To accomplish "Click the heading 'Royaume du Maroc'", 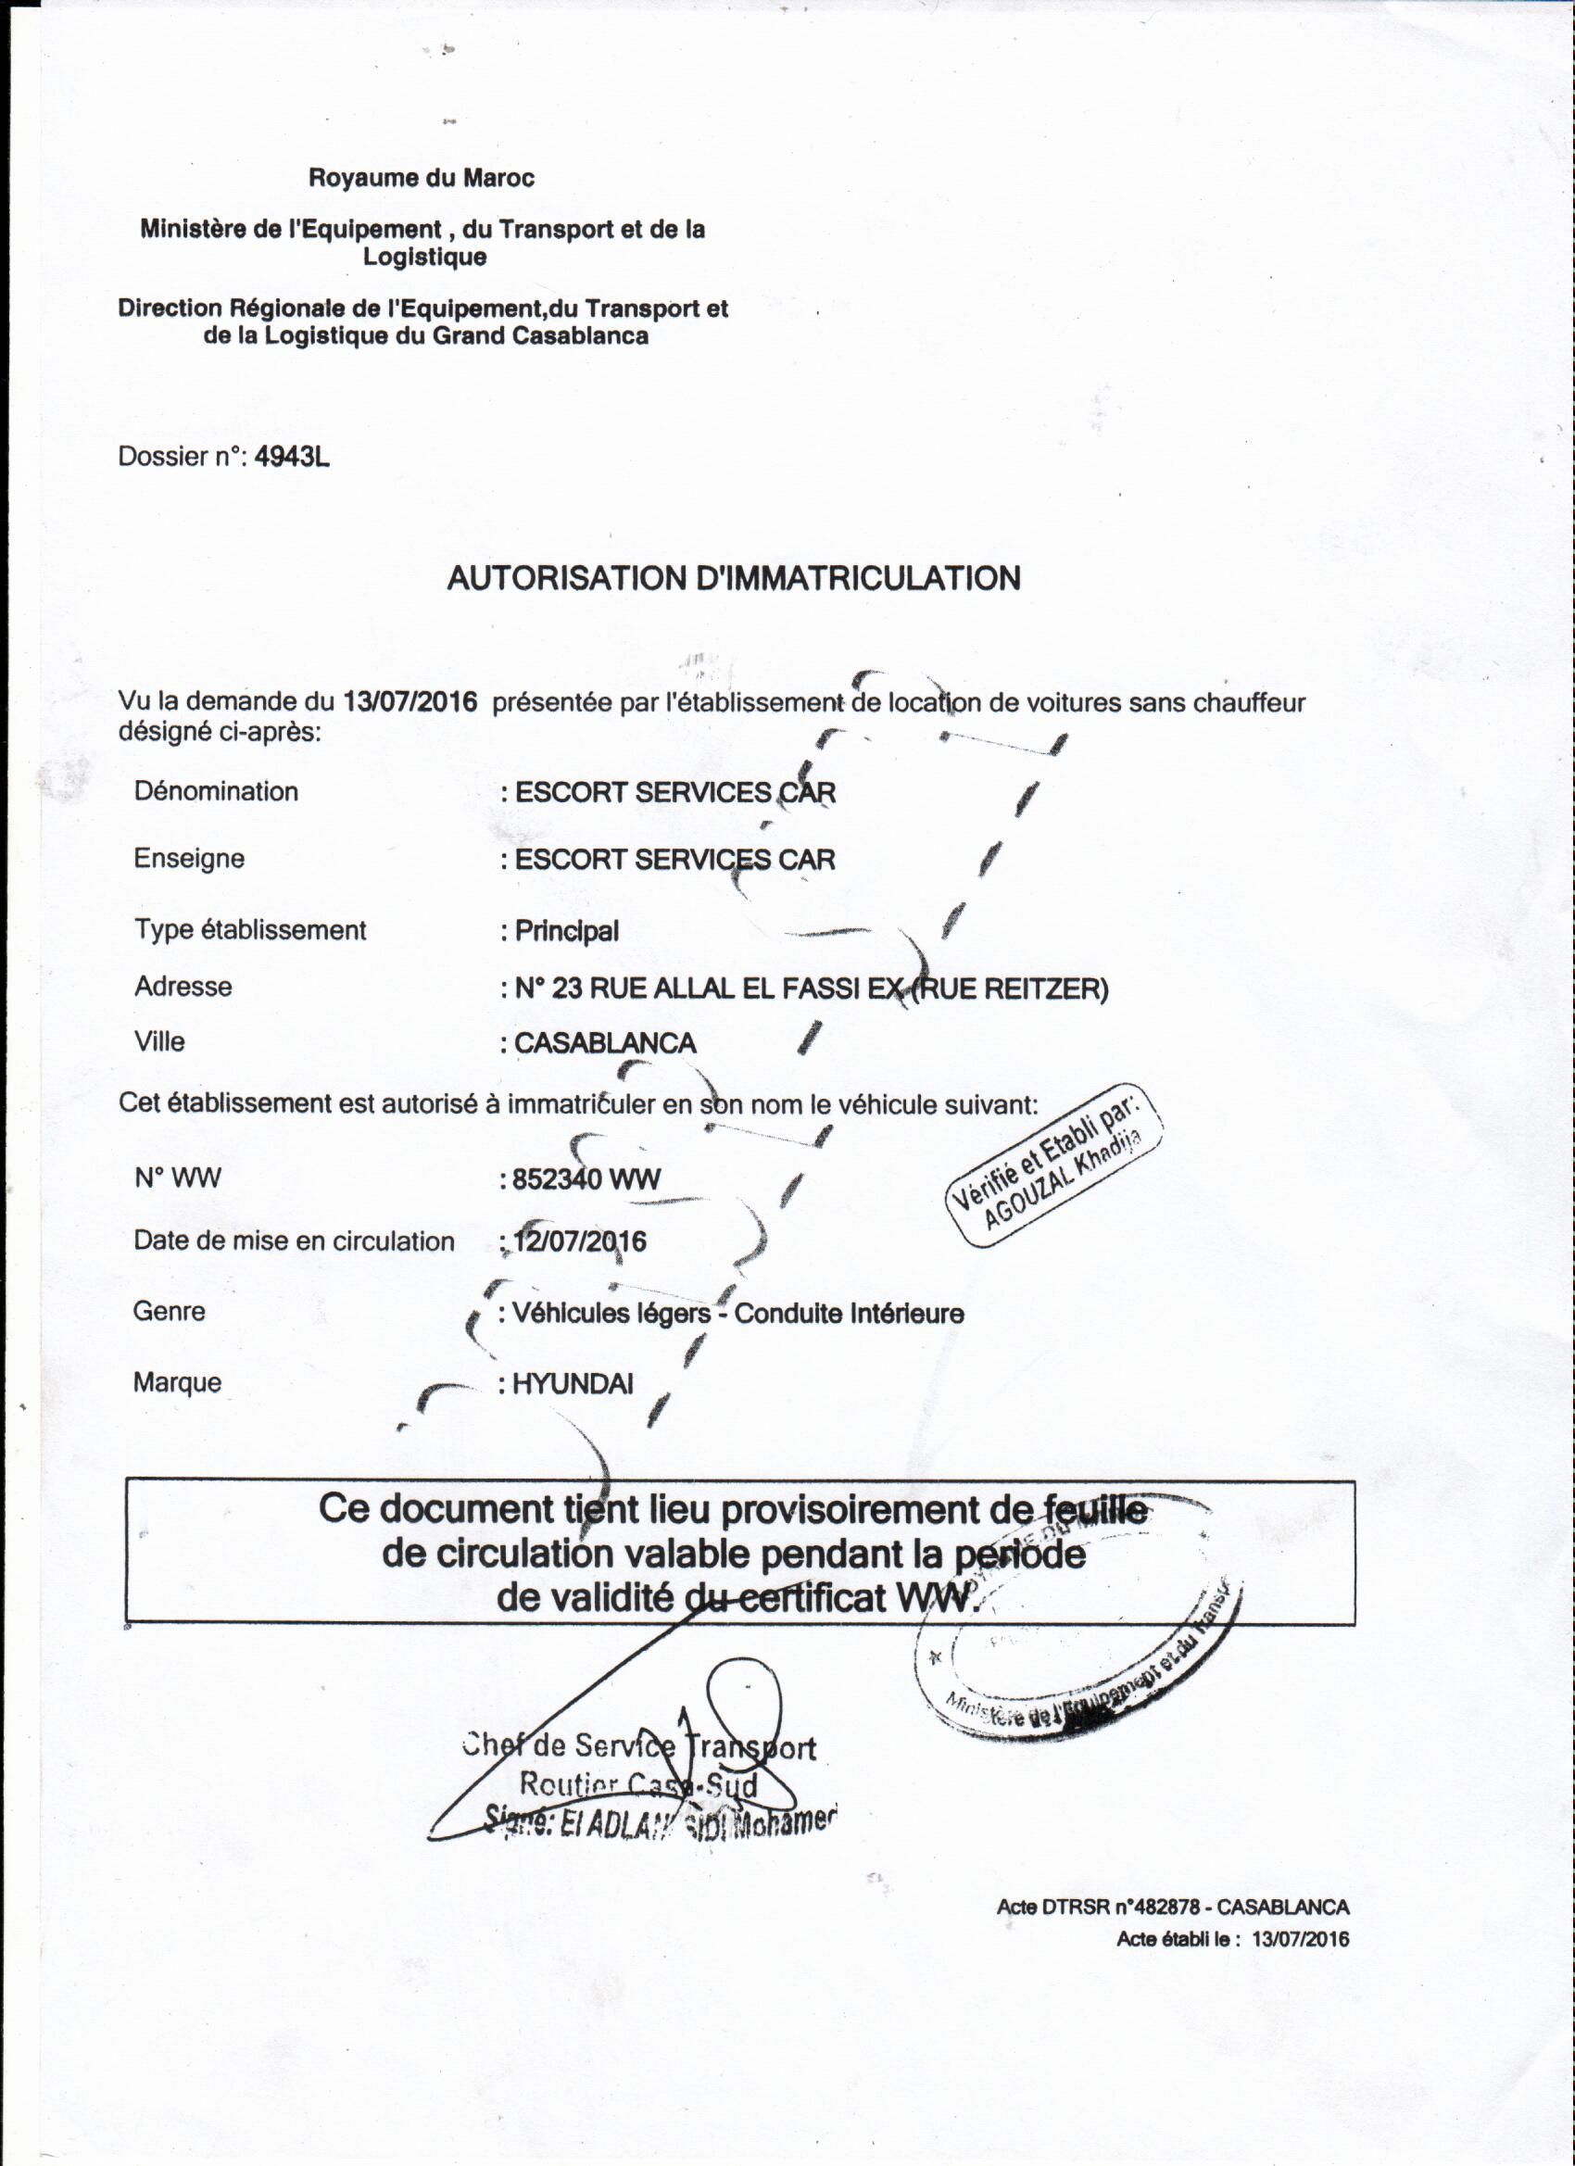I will click(x=422, y=178).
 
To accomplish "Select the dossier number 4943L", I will click(x=292, y=457).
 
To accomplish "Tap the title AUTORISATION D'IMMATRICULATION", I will click(x=734, y=578).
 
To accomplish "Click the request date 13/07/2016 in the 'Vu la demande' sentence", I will click(x=409, y=702).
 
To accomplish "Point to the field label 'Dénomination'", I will click(x=216, y=791).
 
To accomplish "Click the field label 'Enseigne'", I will click(x=189, y=858).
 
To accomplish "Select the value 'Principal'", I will click(x=566, y=930).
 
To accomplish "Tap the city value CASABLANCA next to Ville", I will click(x=605, y=1043).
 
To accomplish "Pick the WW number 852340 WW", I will click(x=586, y=1179).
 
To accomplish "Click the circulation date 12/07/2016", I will click(x=580, y=1241).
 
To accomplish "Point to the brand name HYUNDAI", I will click(x=573, y=1384).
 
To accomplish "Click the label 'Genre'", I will click(x=169, y=1310).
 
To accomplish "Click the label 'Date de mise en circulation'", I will click(x=295, y=1240).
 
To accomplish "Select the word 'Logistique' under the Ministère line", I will click(x=424, y=257).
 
